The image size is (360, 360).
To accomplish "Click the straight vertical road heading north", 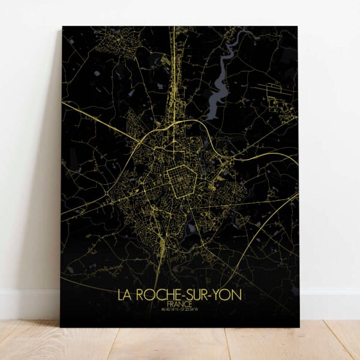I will pyautogui.click(x=174, y=66).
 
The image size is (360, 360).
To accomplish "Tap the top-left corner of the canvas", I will pyautogui.click(x=62, y=27).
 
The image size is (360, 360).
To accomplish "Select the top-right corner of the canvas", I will pyautogui.click(x=298, y=27).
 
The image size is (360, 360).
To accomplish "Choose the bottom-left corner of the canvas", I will pyautogui.click(x=61, y=327).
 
